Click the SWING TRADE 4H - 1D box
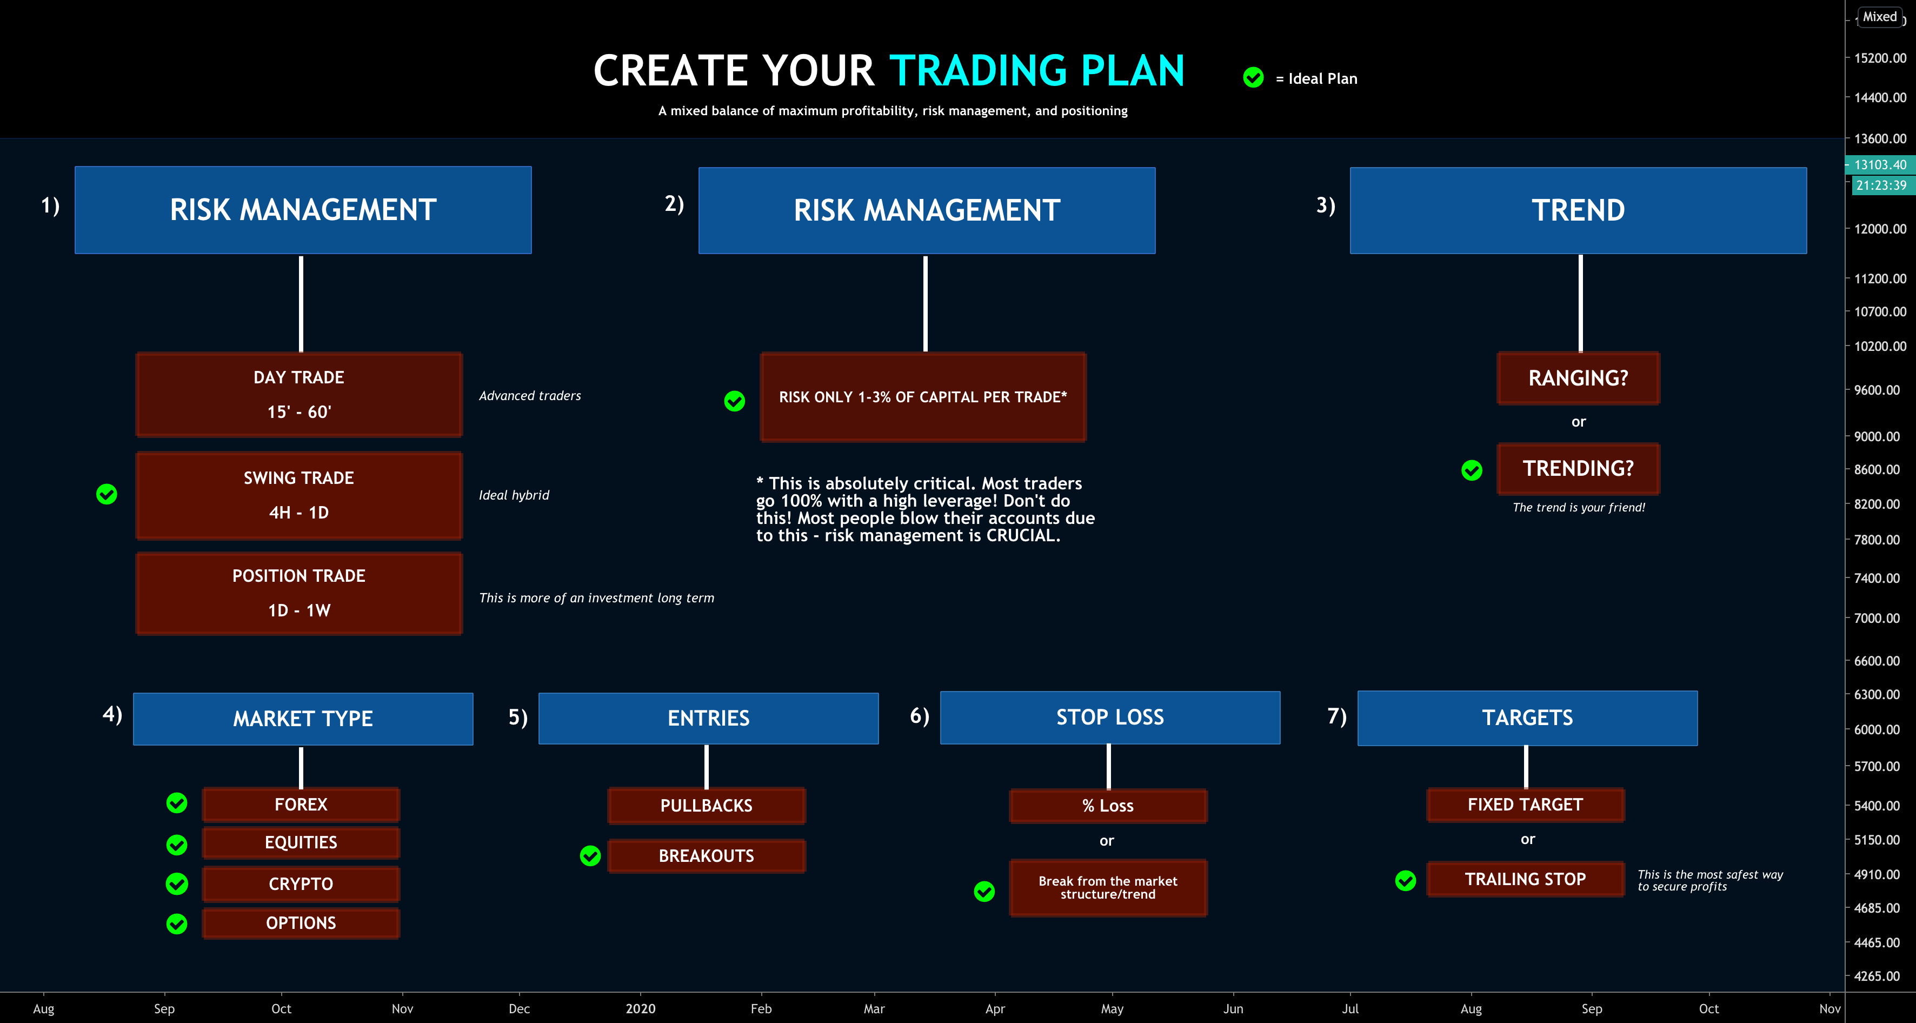tap(299, 495)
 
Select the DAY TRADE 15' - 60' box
tap(299, 394)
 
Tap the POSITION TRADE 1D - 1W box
tap(299, 593)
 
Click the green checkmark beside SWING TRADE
tap(107, 494)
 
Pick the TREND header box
tap(1578, 210)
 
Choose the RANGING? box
tap(1578, 378)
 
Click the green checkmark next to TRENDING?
tap(1471, 470)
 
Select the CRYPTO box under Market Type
tap(301, 884)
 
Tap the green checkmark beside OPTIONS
tap(177, 924)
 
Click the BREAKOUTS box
tap(706, 855)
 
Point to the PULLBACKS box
tap(706, 806)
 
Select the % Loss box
tap(1108, 806)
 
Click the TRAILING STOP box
tap(1525, 879)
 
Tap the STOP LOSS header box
tap(1110, 717)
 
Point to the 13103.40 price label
tap(1880, 165)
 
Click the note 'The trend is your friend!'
tap(1578, 507)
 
